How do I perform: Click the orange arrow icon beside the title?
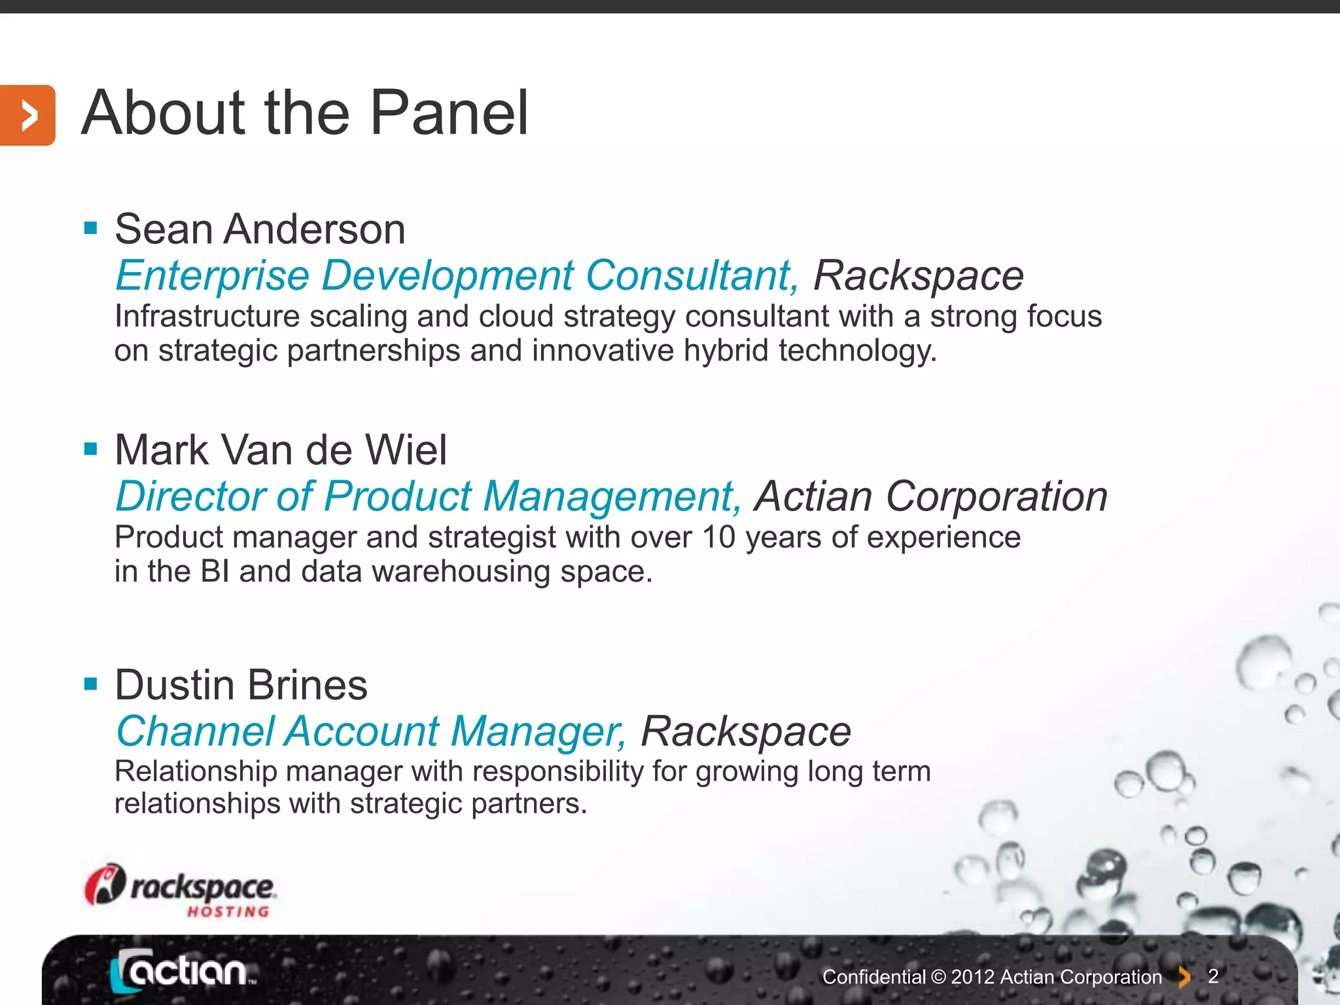[27, 115]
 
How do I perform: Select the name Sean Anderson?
[260, 230]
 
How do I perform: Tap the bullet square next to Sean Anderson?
[91, 228]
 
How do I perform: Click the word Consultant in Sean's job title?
[692, 275]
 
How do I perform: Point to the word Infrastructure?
[207, 317]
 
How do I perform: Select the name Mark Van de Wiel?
[281, 450]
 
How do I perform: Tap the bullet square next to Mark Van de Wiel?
[91, 449]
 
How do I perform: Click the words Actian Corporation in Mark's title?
[931, 496]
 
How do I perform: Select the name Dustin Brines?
[241, 685]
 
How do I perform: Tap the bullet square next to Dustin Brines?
[91, 684]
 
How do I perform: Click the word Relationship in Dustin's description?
[196, 771]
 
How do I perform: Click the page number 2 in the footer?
[1213, 976]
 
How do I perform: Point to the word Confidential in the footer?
[873, 977]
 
